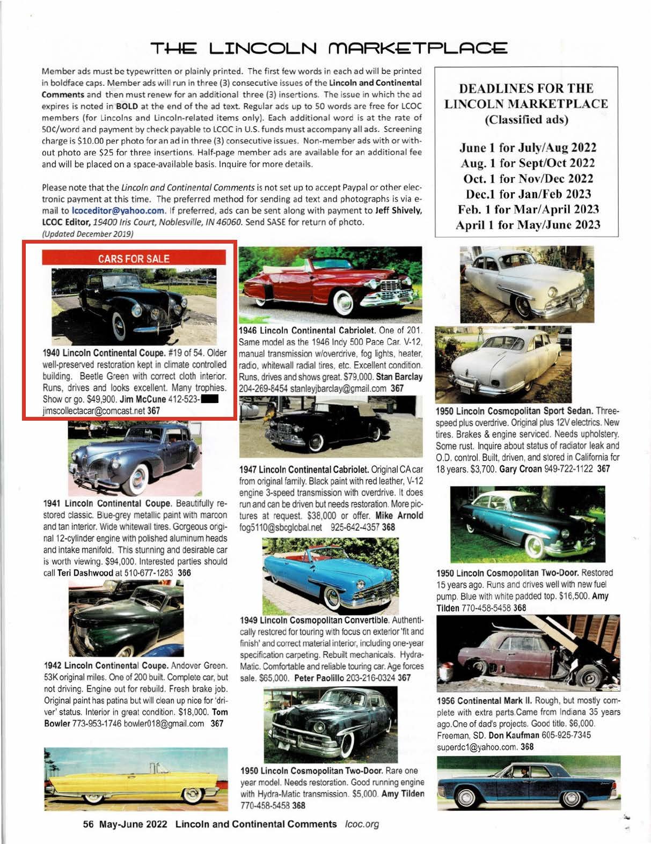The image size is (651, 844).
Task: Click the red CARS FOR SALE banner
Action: tap(134, 259)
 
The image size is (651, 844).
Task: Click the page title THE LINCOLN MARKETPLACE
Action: tap(329, 49)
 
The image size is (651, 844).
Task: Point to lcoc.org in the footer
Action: tap(362, 824)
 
